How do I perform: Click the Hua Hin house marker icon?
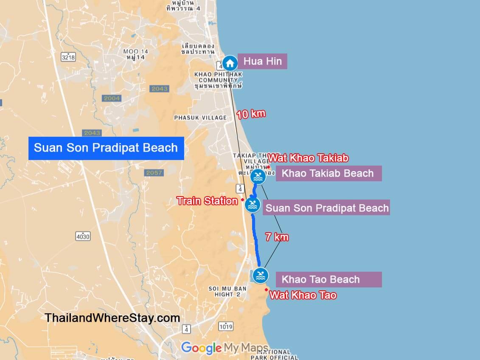[x=230, y=63]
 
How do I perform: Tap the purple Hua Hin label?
[x=262, y=62]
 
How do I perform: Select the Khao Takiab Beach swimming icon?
[x=258, y=176]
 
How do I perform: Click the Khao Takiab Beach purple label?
[x=328, y=173]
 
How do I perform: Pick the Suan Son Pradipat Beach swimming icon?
[x=253, y=205]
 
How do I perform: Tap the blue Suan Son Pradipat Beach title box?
[x=106, y=148]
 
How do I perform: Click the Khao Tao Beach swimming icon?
[x=260, y=276]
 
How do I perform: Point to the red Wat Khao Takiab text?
[x=309, y=158]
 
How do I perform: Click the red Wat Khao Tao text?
[x=303, y=295]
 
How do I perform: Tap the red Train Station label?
[x=207, y=201]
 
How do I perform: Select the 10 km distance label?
[x=251, y=114]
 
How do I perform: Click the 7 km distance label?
[x=277, y=237]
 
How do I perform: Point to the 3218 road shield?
[x=68, y=57]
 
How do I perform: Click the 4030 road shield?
[x=83, y=236]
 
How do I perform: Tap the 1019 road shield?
[x=226, y=326]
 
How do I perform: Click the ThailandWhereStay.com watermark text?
[x=112, y=318]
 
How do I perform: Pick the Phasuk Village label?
[x=200, y=117]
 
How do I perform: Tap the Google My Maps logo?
[x=225, y=348]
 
